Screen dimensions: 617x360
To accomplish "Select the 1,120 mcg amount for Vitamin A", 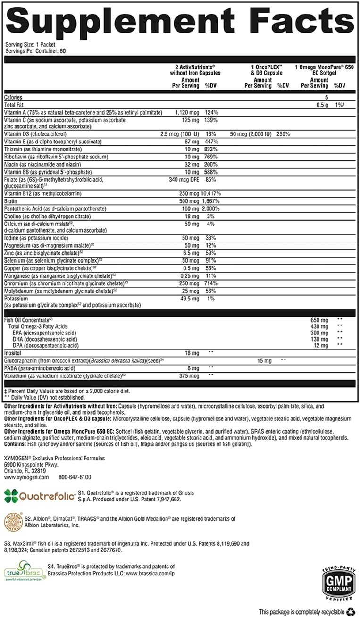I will click(x=188, y=113).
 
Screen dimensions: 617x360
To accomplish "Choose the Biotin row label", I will click(x=11, y=201).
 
